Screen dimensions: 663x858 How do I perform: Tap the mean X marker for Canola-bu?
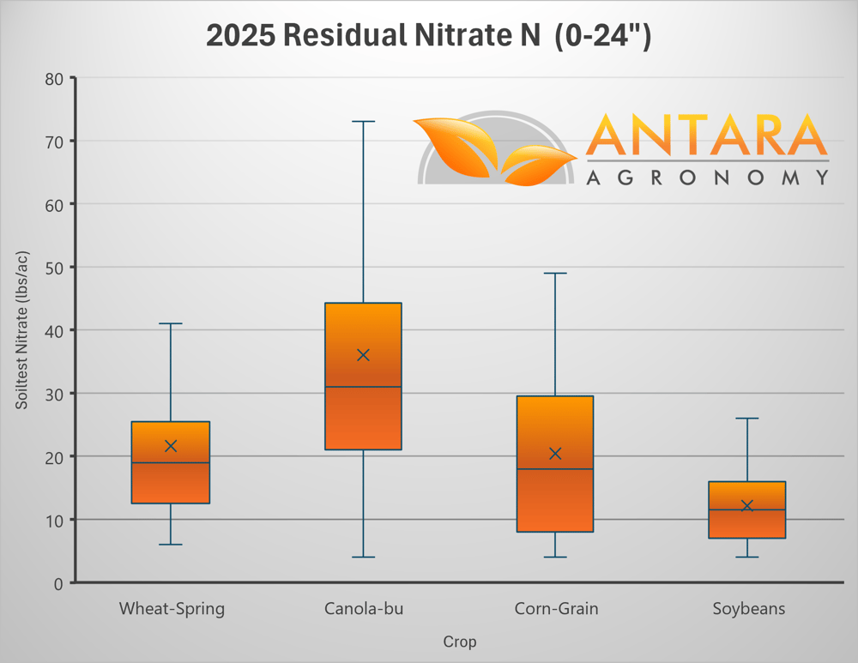tap(363, 355)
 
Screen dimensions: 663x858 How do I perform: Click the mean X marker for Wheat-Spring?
tap(171, 446)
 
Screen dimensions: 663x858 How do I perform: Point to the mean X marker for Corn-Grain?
tap(555, 453)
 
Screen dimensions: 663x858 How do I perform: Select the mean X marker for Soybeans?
tap(747, 506)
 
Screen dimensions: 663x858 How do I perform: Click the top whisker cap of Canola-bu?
tap(363, 122)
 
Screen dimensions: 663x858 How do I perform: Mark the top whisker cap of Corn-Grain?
tap(555, 274)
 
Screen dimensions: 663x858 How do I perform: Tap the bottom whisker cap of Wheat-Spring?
tap(171, 545)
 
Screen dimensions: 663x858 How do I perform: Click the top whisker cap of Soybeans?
tap(747, 419)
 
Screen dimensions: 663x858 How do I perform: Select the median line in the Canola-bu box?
tap(363, 387)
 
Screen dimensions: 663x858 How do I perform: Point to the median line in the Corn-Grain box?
tap(555, 469)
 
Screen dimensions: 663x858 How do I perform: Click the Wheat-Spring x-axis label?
tap(172, 610)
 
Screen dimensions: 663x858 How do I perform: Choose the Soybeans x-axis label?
tap(748, 610)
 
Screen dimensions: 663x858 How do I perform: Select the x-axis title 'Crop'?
tap(459, 642)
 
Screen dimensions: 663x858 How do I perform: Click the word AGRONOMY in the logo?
tap(707, 178)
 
